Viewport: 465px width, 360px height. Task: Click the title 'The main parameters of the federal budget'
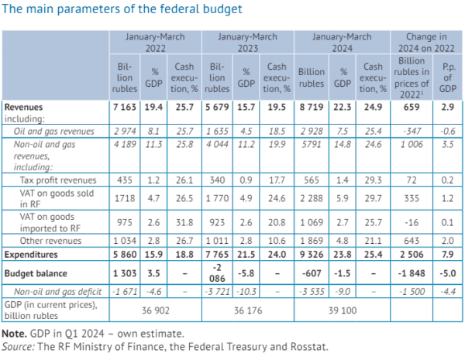[122, 9]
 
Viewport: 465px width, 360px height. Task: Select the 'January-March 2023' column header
[248, 43]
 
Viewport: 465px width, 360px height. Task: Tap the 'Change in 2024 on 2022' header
[426, 43]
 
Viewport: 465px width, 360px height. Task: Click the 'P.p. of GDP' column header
[448, 77]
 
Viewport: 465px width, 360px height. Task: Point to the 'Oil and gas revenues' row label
[54, 132]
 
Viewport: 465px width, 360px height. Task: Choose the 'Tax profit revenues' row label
[58, 180]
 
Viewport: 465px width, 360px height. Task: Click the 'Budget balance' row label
[36, 273]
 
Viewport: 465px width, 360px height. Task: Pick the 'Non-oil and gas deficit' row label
[57, 292]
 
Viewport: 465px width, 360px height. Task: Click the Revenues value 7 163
[125, 107]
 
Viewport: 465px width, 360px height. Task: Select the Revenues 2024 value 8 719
[312, 107]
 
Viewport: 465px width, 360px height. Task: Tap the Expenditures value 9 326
[312, 255]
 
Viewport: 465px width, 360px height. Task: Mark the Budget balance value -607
[312, 273]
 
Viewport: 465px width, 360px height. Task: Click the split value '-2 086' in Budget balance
[217, 273]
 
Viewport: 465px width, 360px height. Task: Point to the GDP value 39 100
[343, 310]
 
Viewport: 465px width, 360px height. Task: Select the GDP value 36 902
[156, 310]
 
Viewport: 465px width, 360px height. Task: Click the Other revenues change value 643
[412, 241]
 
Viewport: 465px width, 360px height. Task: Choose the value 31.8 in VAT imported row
[184, 222]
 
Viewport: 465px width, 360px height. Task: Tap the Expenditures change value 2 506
[412, 255]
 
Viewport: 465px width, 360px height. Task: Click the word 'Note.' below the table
[15, 334]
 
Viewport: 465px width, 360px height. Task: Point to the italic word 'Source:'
[19, 347]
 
